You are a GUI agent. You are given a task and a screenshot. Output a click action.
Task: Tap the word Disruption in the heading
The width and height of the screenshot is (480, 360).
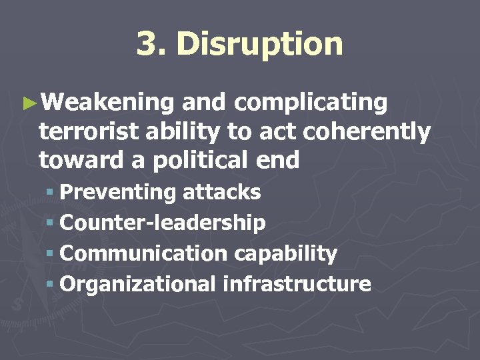pyautogui.click(x=260, y=45)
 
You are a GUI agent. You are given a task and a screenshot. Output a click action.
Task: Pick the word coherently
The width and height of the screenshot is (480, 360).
pyautogui.click(x=367, y=132)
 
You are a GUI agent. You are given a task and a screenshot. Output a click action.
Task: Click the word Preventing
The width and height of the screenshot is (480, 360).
pyautogui.click(x=117, y=193)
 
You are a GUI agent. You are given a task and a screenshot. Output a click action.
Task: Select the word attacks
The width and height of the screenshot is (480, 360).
pyautogui.click(x=222, y=193)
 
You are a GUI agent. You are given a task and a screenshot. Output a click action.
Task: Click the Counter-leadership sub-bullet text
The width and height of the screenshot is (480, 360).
pyautogui.click(x=163, y=223)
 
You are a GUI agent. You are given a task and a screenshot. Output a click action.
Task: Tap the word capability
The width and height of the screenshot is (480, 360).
pyautogui.click(x=285, y=254)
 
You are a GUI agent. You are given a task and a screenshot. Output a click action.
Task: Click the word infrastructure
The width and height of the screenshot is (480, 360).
pyautogui.click(x=297, y=284)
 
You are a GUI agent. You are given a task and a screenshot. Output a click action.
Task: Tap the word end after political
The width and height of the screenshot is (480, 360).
pyautogui.click(x=281, y=160)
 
